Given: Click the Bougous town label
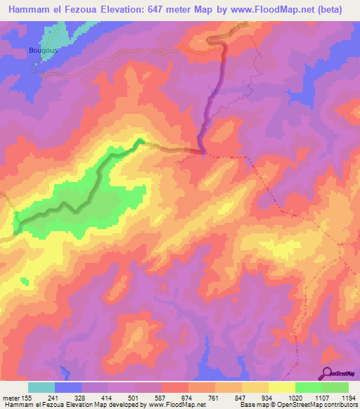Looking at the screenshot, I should coord(42,51).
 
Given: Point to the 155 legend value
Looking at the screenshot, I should coord(26,398).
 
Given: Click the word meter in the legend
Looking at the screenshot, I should coord(11,398).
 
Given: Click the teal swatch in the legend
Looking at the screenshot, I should coord(41,387).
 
